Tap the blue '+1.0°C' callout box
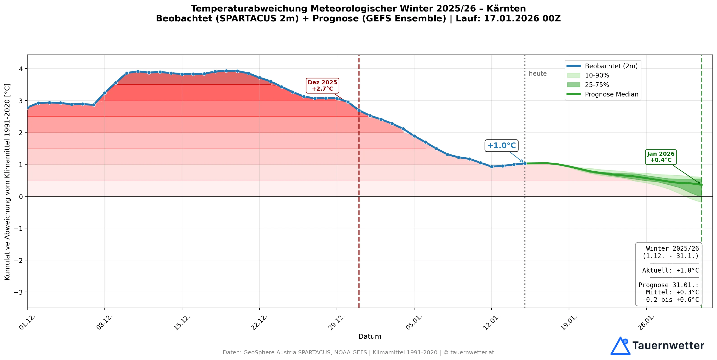[x=501, y=145]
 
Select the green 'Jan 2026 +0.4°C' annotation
[x=661, y=157]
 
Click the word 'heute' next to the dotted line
[x=537, y=74]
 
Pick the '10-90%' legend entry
[x=597, y=75]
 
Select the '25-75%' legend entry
[x=597, y=85]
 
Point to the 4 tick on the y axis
[x=21, y=69]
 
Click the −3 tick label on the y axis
[x=19, y=292]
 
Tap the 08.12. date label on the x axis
[x=105, y=322]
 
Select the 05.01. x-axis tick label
[x=414, y=322]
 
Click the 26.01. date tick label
[x=646, y=322]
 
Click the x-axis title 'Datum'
[x=370, y=336]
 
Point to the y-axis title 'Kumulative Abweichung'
[x=7, y=181]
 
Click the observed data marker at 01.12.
[x=28, y=107]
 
